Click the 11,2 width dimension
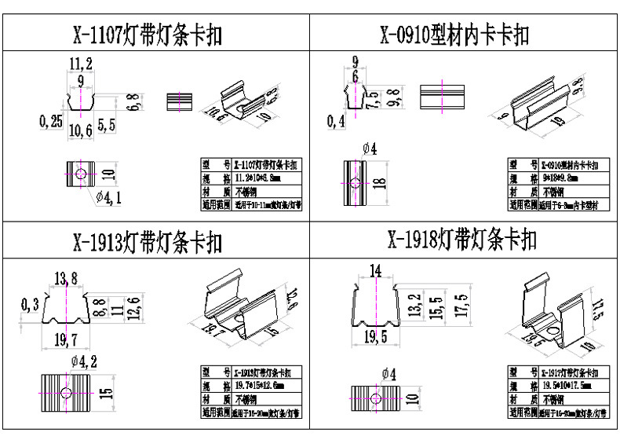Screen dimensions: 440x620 tap(81, 64)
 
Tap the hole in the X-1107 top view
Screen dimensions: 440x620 tap(79, 173)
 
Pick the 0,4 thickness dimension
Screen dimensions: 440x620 tap(337, 120)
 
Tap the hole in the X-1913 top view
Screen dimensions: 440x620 tap(67, 392)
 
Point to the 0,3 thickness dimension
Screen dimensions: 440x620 tap(30, 304)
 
